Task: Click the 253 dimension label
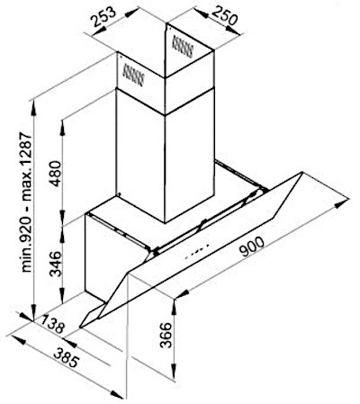(103, 16)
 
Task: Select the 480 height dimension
(56, 174)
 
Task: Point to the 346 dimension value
(56, 264)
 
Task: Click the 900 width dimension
(253, 247)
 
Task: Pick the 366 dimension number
(166, 335)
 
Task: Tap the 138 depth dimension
(53, 324)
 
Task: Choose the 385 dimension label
(66, 357)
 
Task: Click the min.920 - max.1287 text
(27, 202)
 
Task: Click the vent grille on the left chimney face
(133, 75)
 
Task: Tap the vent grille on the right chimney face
(182, 46)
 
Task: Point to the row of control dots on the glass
(197, 251)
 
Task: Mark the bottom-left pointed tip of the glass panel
(80, 328)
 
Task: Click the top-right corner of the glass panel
(301, 172)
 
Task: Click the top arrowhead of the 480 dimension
(62, 127)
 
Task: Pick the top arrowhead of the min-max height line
(33, 107)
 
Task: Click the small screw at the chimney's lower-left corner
(120, 194)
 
